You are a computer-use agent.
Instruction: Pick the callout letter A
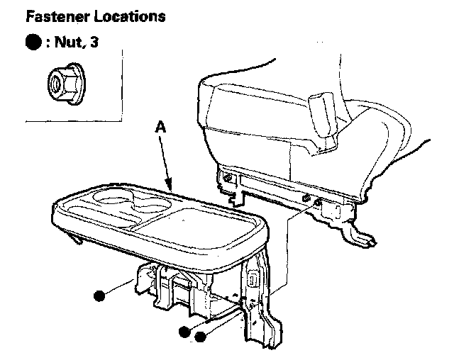[160, 129]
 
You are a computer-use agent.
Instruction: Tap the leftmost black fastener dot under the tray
[101, 294]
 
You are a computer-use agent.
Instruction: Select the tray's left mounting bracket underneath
[149, 283]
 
